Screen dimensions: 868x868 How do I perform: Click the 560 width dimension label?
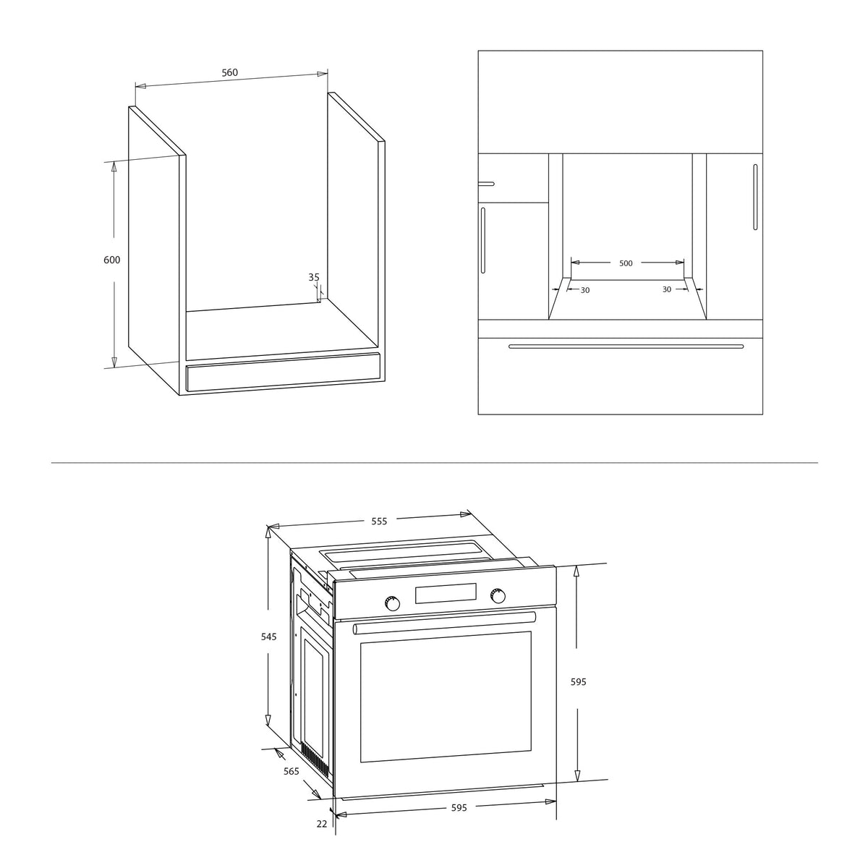click(229, 72)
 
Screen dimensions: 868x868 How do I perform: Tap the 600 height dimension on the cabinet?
click(111, 260)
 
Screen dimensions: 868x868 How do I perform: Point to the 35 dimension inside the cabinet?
click(314, 277)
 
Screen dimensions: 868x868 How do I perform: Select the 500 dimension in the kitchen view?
click(626, 263)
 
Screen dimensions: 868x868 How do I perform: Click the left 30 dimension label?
click(585, 291)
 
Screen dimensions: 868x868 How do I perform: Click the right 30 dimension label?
click(667, 289)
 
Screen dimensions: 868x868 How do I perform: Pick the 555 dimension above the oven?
click(379, 521)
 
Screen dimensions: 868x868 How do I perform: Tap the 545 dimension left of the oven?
click(269, 637)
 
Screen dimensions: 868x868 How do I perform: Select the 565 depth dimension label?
click(291, 771)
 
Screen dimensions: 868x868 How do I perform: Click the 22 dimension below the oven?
click(322, 824)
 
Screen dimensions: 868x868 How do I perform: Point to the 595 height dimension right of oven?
click(579, 682)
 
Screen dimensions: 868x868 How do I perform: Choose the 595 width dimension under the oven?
click(459, 808)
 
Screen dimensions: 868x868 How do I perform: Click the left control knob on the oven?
click(392, 603)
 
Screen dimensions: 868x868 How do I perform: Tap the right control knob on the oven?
click(498, 596)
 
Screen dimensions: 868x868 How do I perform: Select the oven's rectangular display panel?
click(446, 593)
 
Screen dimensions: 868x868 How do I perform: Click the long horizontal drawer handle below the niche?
click(626, 346)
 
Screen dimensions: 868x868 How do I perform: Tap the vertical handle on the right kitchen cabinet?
click(755, 197)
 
